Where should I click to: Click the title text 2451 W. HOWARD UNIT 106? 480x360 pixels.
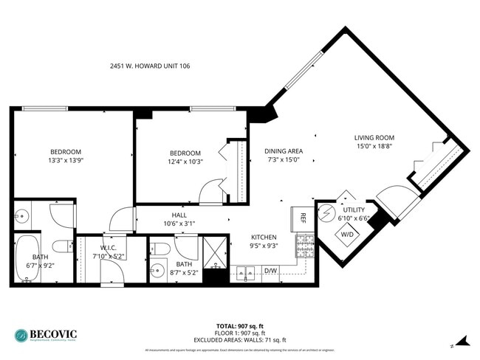point(149,66)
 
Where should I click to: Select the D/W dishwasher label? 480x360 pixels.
point(271,271)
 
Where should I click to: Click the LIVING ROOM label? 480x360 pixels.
point(374,138)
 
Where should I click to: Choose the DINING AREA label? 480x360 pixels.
point(284,151)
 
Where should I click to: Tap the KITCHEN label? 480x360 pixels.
point(264,238)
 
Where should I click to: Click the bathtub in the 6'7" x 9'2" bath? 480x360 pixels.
point(25,259)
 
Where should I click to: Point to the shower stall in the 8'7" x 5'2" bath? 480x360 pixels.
point(214,252)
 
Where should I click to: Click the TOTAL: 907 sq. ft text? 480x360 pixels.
point(240,325)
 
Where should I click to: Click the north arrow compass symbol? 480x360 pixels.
point(462,341)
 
